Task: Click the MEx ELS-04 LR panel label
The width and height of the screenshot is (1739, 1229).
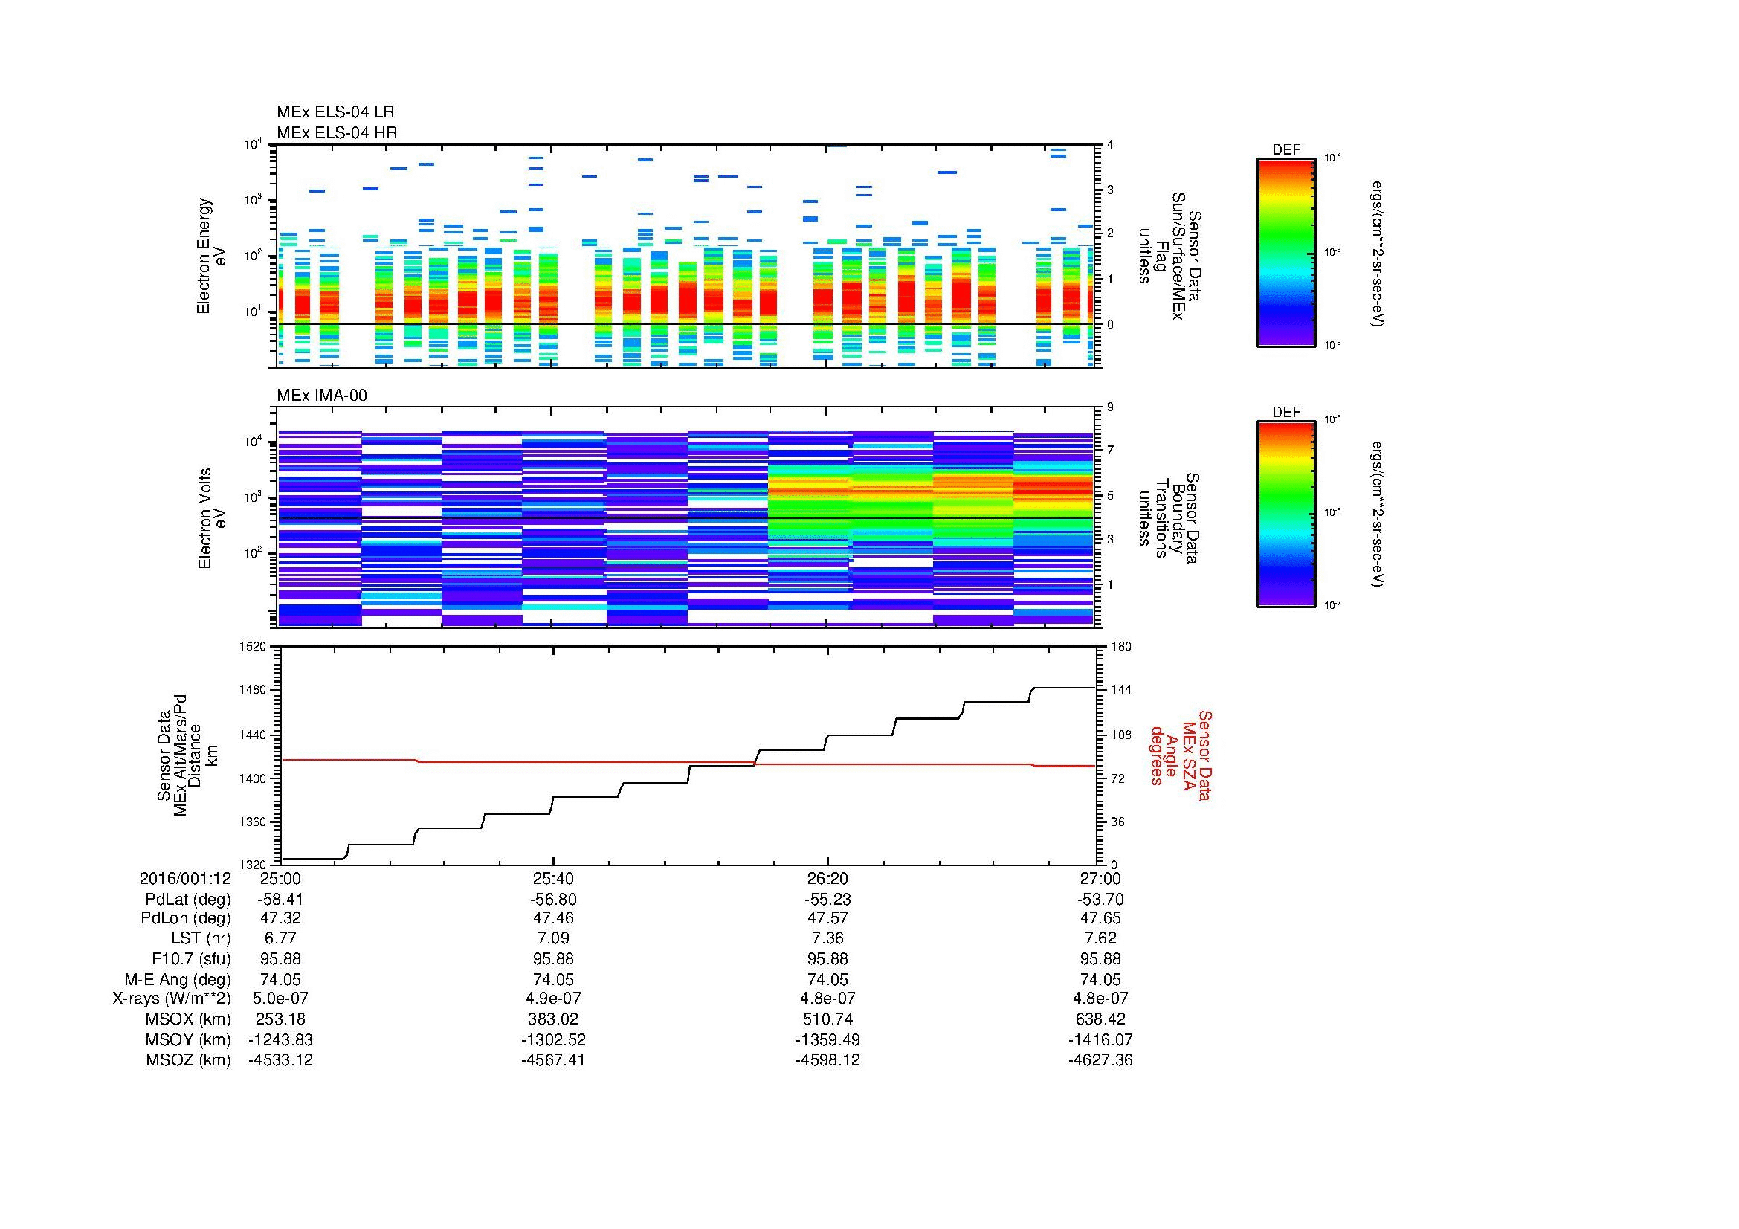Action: click(x=335, y=112)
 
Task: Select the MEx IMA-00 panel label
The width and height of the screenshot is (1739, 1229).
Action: click(x=322, y=396)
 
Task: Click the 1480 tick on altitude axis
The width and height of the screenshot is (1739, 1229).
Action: click(x=253, y=690)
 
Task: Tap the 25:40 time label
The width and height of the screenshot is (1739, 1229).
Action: click(x=555, y=879)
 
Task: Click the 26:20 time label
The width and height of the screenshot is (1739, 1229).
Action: click(x=827, y=879)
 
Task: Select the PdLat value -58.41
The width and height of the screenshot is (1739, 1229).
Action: click(x=281, y=900)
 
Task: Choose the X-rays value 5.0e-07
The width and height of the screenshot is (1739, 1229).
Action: click(x=281, y=999)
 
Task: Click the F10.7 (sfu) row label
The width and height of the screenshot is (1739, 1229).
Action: click(x=186, y=959)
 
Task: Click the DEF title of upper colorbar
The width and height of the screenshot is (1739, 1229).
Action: click(x=1286, y=150)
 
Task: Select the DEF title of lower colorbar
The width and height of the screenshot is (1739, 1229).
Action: click(x=1286, y=413)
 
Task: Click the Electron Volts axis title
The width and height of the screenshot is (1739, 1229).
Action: click(x=204, y=518)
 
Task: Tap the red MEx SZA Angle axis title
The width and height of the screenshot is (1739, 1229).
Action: click(x=1181, y=755)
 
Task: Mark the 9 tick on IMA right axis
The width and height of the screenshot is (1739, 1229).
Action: click(x=1110, y=407)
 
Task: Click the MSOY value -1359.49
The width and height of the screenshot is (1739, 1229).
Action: click(x=827, y=1039)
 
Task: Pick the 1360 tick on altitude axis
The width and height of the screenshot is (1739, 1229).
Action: click(x=253, y=822)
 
